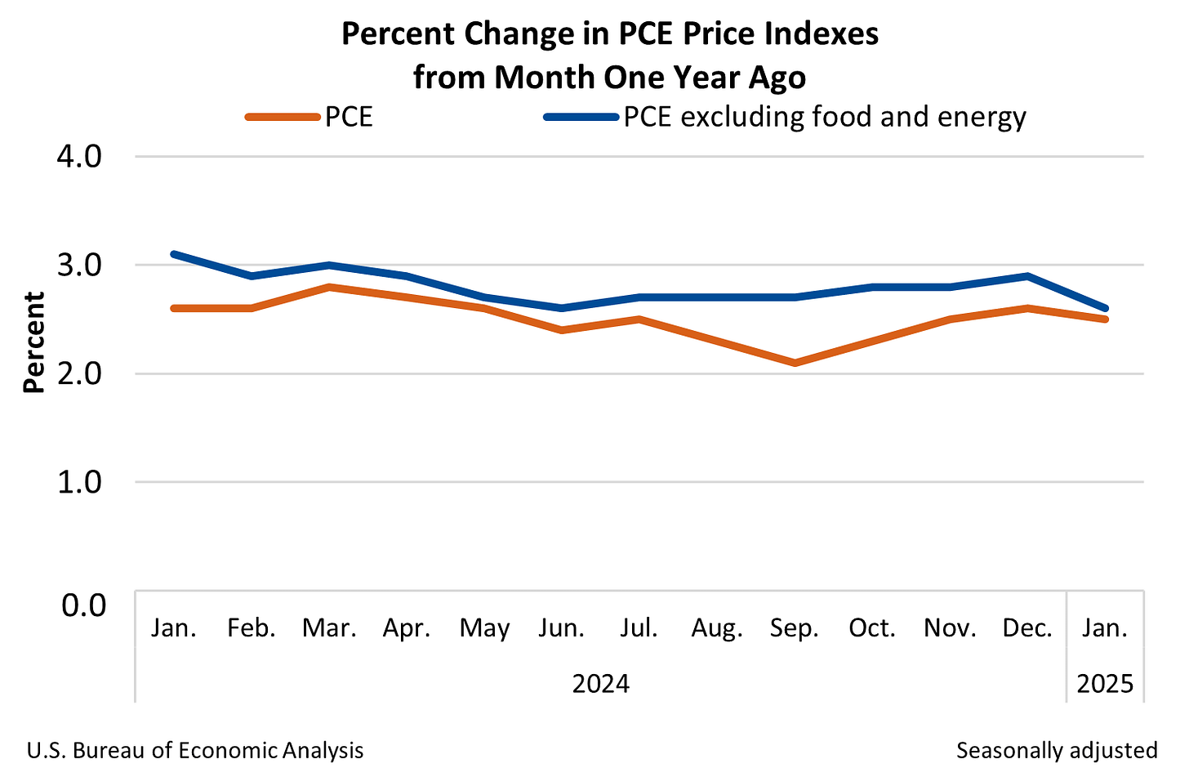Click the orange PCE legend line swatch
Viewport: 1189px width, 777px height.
point(283,117)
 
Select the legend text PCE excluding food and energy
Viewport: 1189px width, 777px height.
point(825,117)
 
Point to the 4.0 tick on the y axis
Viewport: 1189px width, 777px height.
point(79,156)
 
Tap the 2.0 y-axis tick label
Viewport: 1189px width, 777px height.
point(79,373)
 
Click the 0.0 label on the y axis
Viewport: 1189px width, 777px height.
point(83,605)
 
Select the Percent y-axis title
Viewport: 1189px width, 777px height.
point(34,343)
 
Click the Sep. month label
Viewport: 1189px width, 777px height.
point(794,628)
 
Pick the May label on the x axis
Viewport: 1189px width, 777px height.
point(484,628)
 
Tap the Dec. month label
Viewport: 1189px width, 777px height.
point(1027,628)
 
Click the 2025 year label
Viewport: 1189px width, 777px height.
point(1105,683)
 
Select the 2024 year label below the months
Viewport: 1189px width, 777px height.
point(600,683)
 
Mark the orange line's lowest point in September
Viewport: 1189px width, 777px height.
point(795,363)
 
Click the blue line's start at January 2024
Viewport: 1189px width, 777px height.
point(174,254)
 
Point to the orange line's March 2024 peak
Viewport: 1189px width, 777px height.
point(329,287)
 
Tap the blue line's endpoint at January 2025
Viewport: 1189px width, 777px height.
point(1105,308)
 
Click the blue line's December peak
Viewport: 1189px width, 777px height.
point(1027,276)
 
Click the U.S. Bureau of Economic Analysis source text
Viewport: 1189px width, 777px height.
point(195,750)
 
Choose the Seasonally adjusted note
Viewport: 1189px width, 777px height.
point(1057,750)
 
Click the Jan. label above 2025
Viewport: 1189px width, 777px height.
point(1105,628)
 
